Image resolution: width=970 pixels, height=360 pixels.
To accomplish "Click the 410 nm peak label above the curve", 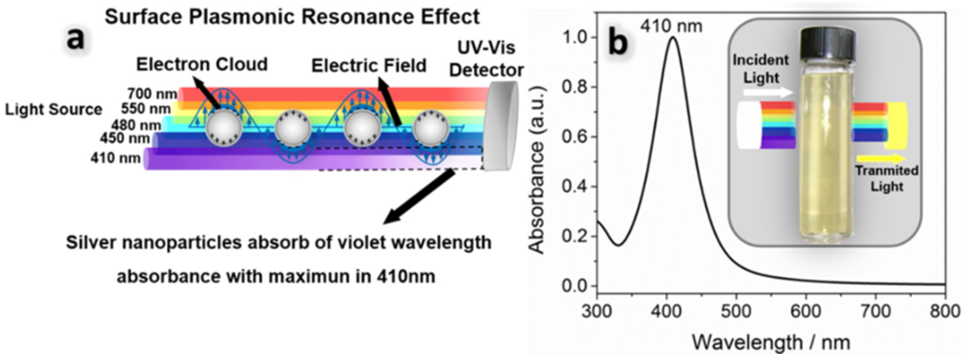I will [671, 26].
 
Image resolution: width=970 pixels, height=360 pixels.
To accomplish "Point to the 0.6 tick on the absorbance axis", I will [576, 137].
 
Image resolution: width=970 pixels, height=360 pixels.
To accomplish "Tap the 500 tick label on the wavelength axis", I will [736, 311].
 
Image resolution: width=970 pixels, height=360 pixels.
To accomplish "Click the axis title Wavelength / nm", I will [771, 343].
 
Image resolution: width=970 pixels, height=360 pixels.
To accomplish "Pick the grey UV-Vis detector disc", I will [501, 126].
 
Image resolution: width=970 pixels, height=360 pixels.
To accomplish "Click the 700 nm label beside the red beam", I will [152, 93].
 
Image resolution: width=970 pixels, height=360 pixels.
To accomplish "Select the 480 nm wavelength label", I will [136, 125].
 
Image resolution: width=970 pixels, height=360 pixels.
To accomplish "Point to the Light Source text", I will [53, 110].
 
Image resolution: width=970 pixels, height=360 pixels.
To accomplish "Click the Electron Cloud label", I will [202, 64].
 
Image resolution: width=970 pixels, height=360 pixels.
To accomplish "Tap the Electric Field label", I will [368, 66].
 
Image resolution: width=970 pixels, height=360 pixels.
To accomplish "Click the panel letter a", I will [75, 40].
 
